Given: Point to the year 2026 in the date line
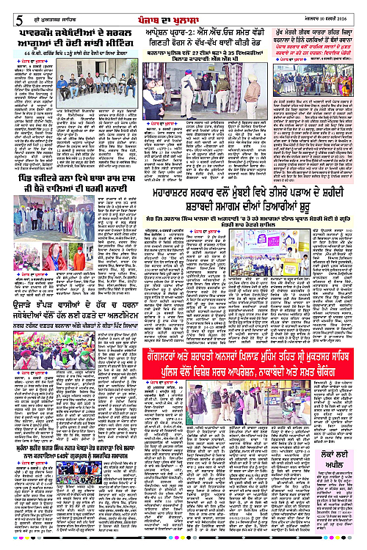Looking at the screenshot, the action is [x=355, y=10].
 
